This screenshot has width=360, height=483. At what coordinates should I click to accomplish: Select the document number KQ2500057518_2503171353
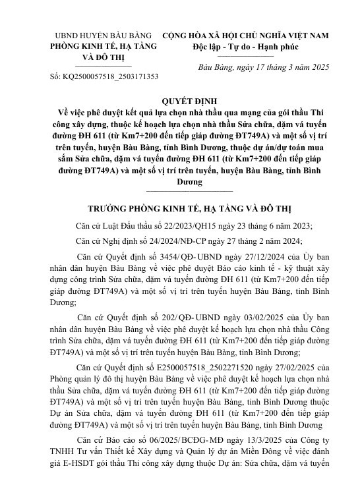tap(113, 77)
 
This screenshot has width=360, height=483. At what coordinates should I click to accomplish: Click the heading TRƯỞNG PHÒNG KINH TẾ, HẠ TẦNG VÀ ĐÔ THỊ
tap(180, 205)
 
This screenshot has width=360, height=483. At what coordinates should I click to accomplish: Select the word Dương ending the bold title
tap(180, 180)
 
